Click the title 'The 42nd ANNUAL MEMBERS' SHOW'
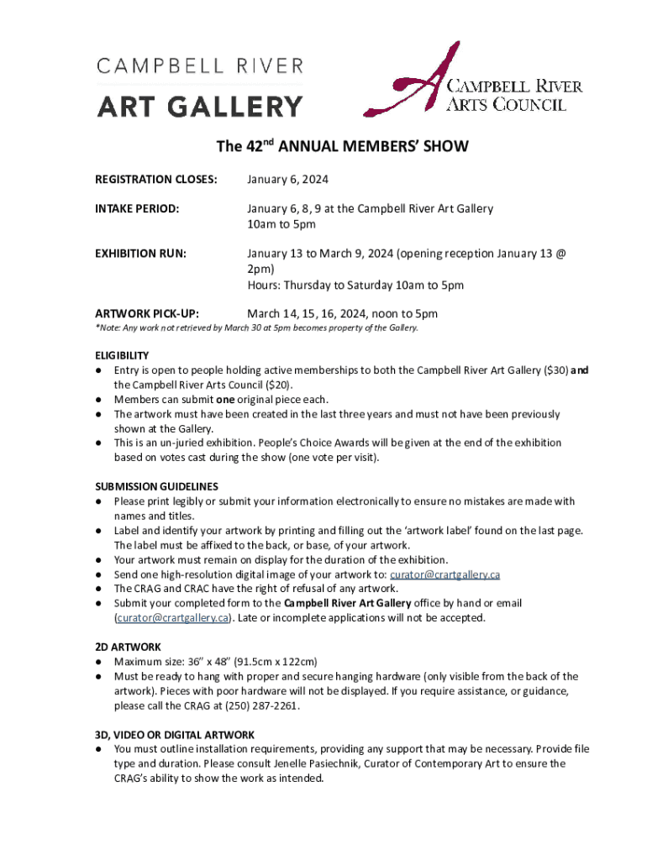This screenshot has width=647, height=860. (342, 146)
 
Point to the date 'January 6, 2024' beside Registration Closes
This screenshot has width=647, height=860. (287, 180)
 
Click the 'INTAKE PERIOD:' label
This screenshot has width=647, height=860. (137, 208)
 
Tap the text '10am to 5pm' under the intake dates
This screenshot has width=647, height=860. (281, 224)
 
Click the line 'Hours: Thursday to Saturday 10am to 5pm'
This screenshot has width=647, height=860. (355, 285)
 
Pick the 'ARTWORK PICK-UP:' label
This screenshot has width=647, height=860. (147, 313)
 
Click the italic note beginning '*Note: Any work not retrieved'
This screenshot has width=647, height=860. (256, 328)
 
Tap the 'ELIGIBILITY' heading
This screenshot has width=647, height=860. (122, 355)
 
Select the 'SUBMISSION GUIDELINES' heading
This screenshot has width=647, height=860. (156, 486)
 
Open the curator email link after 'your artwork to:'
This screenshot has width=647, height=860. (445, 574)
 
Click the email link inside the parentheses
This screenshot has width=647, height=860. (172, 618)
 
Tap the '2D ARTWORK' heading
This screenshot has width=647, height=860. (127, 647)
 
